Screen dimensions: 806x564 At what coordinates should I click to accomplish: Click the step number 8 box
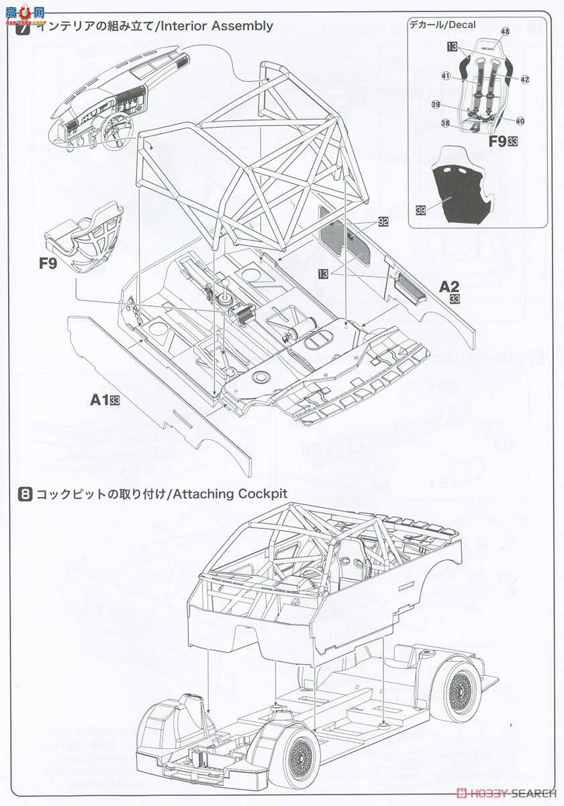point(24,494)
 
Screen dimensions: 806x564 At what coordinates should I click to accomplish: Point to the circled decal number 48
point(505,32)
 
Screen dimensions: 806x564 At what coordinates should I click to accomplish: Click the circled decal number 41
point(446,76)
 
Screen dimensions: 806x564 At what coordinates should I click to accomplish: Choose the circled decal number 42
point(524,79)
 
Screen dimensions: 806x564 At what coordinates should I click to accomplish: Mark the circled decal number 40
point(520,122)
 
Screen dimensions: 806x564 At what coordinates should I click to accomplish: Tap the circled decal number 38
point(445,123)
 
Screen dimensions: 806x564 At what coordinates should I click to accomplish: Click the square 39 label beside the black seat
point(420,210)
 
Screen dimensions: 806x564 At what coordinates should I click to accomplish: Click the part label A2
point(449,286)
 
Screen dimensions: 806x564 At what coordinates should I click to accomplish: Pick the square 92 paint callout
point(383,220)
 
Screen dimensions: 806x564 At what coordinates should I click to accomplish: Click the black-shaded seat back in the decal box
point(467,191)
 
